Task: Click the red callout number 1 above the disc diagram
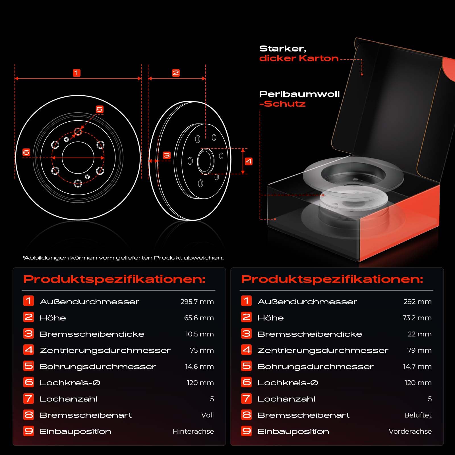76,73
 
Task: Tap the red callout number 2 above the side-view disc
176,73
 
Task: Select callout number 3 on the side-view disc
167,155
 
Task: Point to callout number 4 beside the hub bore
249,162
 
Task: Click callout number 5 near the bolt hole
100,109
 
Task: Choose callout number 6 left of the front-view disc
26,152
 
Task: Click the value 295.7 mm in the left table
197,302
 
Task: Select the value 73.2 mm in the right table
417,318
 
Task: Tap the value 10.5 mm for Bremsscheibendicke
199,334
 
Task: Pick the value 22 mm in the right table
419,334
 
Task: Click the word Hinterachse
193,431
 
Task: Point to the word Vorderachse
410,431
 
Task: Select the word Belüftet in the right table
418,415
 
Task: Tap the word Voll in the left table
207,415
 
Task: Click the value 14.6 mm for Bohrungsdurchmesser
199,367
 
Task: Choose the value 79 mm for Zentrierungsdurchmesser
419,350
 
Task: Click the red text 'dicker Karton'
299,58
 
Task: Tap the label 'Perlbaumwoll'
299,94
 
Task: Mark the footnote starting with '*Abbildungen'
123,258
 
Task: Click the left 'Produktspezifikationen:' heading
114,279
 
